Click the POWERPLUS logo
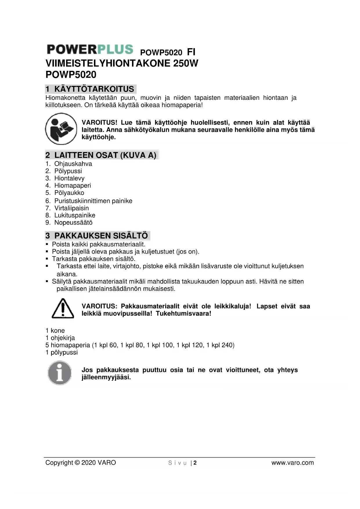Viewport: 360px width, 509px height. (x=90, y=49)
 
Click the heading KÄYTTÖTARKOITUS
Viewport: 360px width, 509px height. (x=94, y=89)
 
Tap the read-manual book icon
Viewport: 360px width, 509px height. (x=61, y=129)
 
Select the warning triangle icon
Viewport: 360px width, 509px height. (x=63, y=308)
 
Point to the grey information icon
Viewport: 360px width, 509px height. (x=59, y=373)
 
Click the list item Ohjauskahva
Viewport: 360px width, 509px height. (x=73, y=164)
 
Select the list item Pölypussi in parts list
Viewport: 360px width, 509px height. (x=68, y=171)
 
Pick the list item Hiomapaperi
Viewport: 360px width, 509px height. (x=73, y=185)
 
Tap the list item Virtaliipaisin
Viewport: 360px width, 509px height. (x=72, y=208)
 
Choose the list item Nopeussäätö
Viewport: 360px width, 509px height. (x=73, y=223)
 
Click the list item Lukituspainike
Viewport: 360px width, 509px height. (x=75, y=215)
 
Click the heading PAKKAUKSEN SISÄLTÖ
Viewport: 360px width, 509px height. (x=101, y=235)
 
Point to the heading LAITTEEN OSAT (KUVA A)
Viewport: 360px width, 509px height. (x=105, y=155)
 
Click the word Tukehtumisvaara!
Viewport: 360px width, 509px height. (x=183, y=314)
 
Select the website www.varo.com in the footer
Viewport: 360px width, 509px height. (x=292, y=463)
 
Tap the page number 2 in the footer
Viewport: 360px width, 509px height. (x=195, y=463)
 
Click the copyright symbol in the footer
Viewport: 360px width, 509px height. (x=77, y=463)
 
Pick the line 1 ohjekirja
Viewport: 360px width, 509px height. (x=60, y=338)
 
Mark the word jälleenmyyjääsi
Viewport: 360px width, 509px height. (x=106, y=377)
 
